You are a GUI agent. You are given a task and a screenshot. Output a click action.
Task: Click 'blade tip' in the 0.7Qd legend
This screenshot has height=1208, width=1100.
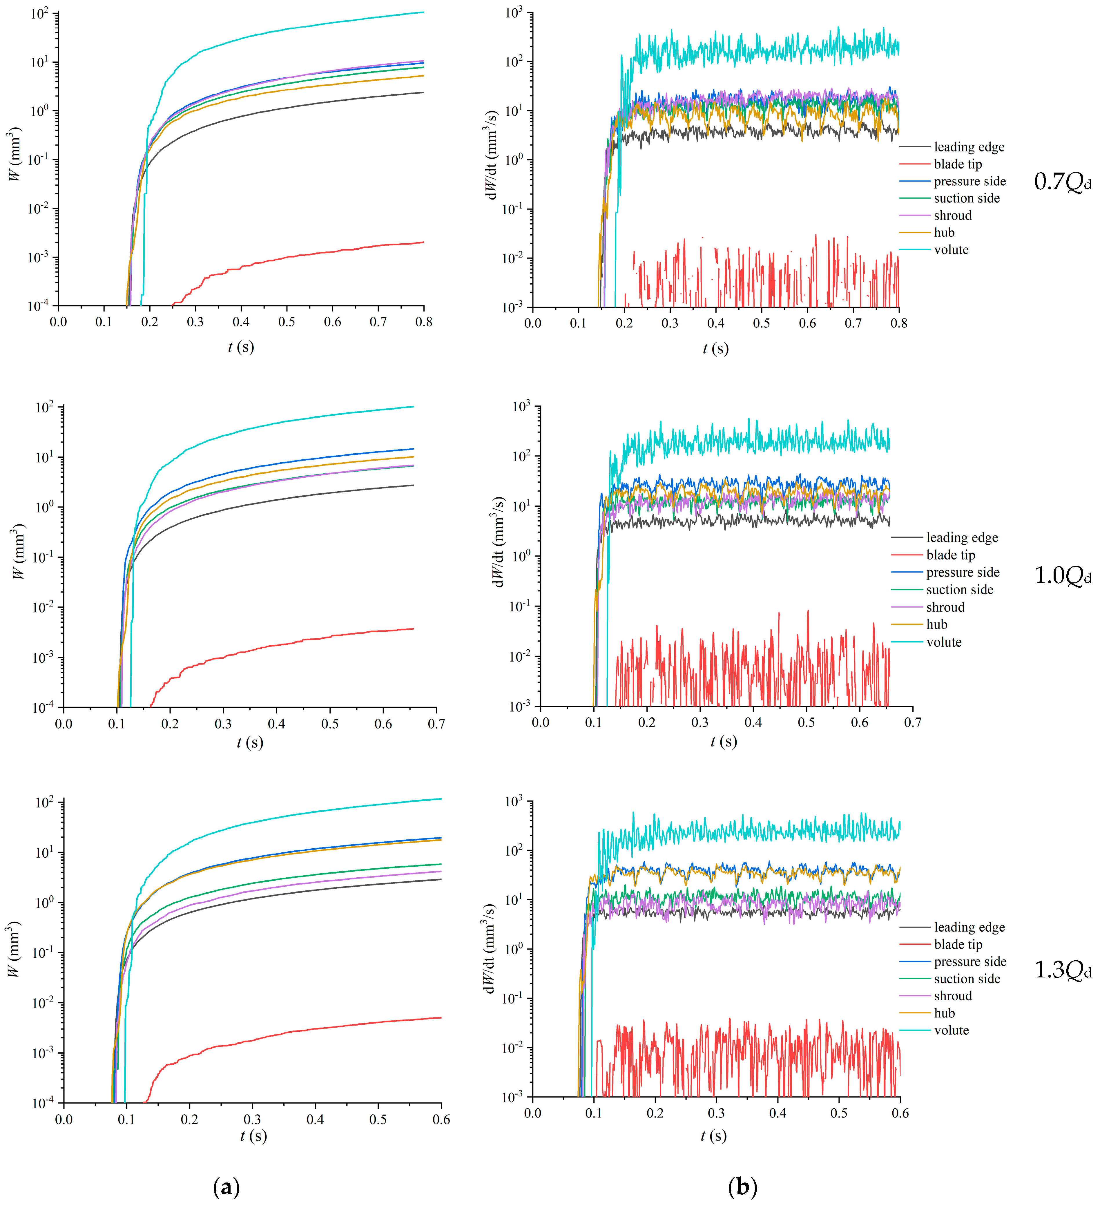coord(957,164)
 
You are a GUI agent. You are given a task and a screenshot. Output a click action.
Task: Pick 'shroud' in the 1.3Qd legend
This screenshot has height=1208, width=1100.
coord(953,996)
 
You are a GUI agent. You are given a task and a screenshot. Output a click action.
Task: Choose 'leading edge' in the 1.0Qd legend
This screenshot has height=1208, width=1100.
coord(962,537)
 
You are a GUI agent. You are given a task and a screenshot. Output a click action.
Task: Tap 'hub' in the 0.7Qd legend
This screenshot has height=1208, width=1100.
coord(944,233)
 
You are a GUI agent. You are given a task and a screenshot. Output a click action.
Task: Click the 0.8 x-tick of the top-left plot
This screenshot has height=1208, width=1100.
coord(424,322)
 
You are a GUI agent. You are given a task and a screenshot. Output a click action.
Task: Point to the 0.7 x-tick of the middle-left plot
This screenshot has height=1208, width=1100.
coord(436,724)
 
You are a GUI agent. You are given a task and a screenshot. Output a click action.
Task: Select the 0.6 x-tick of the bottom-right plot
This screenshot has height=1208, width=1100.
coord(900,1113)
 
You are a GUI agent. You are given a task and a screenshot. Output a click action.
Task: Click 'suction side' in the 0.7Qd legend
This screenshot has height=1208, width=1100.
coord(966,198)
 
